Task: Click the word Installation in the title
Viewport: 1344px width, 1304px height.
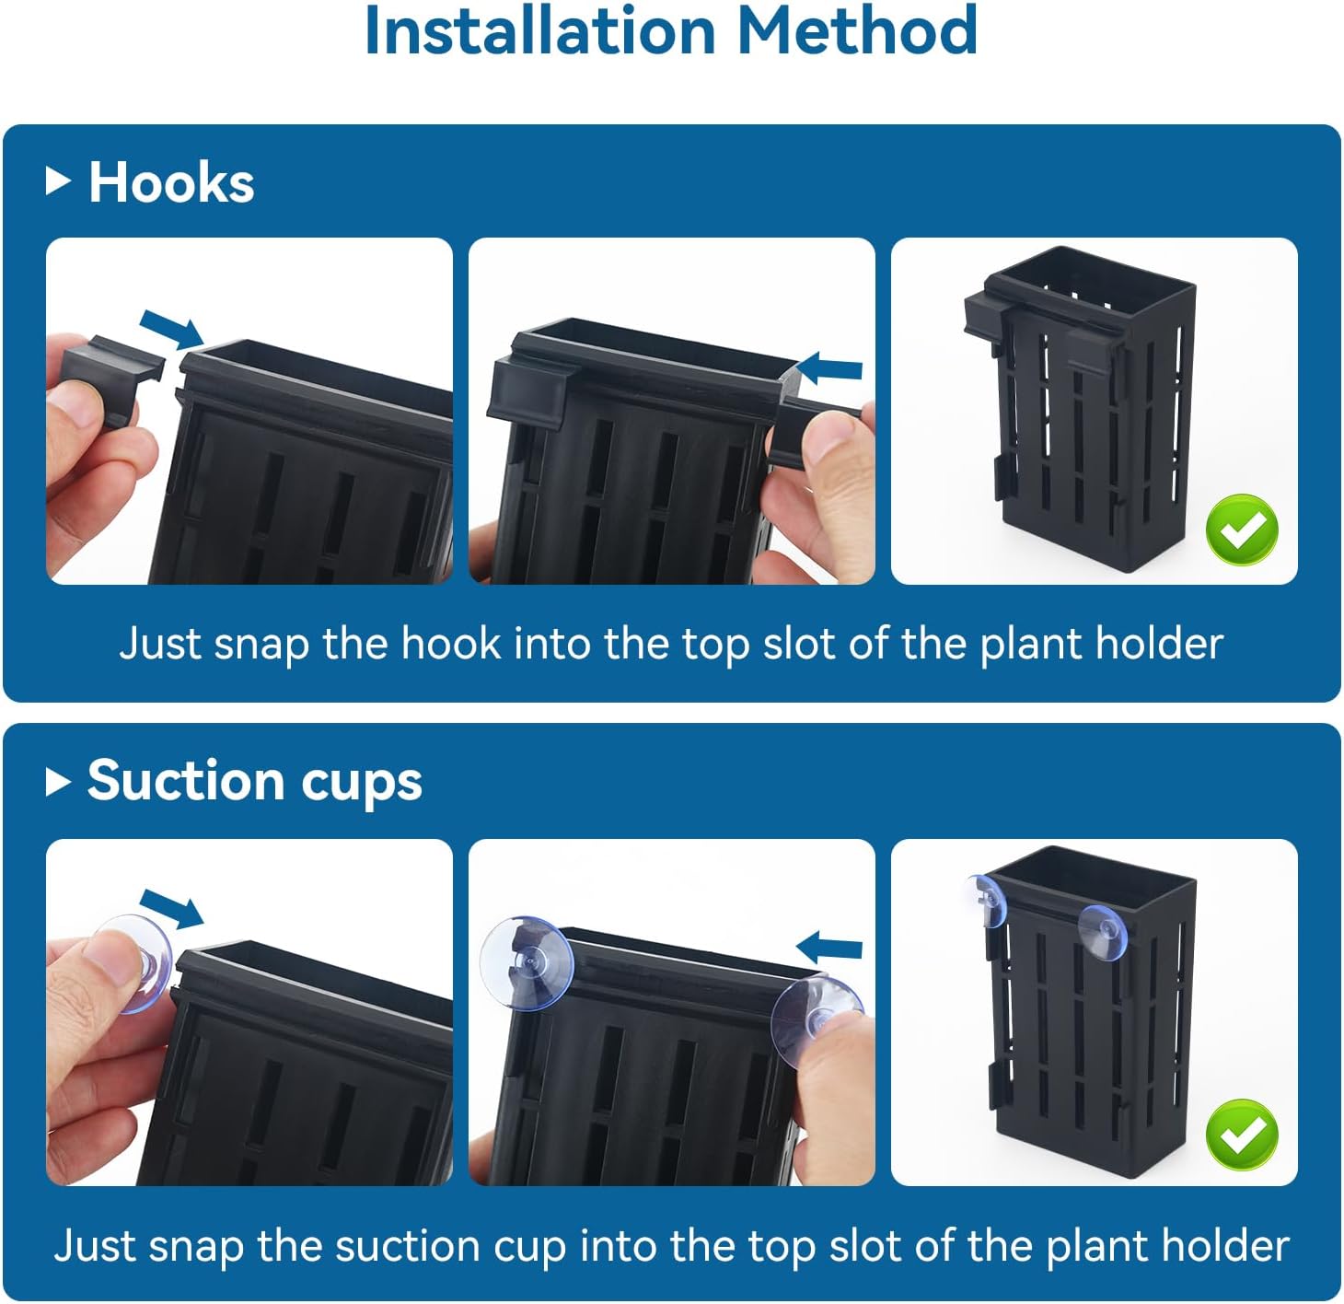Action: point(539,31)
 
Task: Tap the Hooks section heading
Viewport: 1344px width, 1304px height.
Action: point(171,182)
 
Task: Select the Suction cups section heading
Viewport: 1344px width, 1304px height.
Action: point(254,781)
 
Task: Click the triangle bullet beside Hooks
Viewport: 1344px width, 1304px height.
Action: point(58,181)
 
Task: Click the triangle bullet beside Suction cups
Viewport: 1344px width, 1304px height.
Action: point(58,782)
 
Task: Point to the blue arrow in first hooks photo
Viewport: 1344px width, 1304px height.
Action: point(171,329)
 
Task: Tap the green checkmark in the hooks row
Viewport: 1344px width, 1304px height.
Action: point(1242,530)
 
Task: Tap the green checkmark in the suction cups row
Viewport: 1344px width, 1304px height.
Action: point(1242,1134)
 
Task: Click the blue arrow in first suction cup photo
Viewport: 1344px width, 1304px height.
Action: point(171,908)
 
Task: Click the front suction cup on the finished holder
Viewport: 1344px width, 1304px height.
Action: point(1102,933)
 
